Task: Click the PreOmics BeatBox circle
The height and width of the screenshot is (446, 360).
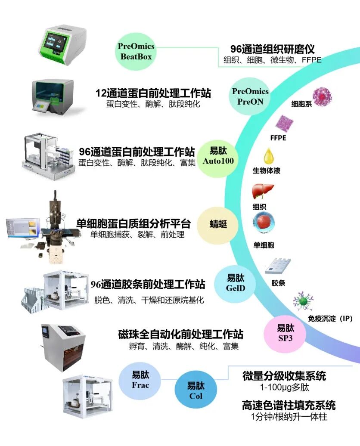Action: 136,52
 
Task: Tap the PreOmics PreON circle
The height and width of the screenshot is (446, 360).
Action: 250,96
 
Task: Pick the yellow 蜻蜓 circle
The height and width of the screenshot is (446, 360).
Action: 218,225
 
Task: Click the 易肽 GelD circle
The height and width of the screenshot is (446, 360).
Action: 236,283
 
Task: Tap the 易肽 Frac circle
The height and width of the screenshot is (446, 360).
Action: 140,381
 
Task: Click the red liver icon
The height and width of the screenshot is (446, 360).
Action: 262,192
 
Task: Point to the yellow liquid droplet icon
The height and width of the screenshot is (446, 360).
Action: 269,156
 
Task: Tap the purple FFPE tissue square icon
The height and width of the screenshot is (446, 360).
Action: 284,124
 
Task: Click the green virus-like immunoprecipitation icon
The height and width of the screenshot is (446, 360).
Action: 303,301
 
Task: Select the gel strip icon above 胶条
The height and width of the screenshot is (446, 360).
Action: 278,266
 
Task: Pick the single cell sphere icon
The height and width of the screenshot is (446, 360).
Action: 264,223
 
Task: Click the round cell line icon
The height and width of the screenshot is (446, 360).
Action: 322,97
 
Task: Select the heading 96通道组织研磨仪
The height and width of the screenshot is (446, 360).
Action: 272,49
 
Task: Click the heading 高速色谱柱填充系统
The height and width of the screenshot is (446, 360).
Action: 289,406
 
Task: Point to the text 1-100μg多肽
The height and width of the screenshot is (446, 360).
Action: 285,387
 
